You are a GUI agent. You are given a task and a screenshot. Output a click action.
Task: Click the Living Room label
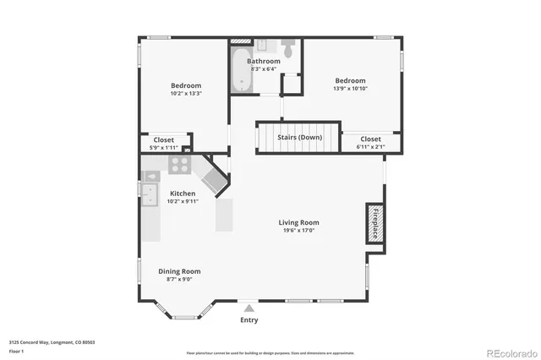(299, 223)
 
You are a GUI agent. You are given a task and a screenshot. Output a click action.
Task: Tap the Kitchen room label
(183, 194)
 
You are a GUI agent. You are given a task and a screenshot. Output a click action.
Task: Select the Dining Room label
(179, 271)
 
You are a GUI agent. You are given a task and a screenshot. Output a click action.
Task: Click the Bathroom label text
(264, 62)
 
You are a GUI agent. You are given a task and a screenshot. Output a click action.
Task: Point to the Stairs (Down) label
(300, 137)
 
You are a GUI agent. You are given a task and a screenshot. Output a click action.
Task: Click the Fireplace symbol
(374, 223)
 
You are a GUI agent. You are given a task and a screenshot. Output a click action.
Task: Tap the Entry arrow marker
(249, 309)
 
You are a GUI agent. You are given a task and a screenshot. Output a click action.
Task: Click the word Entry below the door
(249, 320)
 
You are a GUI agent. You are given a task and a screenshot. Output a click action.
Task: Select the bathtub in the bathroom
(241, 71)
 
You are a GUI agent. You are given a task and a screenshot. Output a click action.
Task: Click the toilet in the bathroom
(288, 50)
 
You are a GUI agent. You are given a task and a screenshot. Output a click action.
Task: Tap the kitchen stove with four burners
(179, 166)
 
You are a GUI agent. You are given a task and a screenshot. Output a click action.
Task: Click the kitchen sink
(150, 195)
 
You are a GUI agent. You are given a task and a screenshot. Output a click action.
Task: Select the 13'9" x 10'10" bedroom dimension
(350, 88)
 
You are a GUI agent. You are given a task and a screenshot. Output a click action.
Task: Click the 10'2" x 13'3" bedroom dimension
(186, 94)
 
